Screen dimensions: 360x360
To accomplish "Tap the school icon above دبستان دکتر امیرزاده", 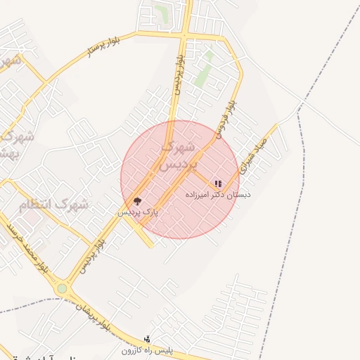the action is pos(218,184).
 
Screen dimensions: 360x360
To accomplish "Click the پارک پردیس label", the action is pos(138,211).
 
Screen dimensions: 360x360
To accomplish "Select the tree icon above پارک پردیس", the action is pos(137,201).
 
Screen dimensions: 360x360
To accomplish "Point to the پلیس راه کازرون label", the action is pos(146,349).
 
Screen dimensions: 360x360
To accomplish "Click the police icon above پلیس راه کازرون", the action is pos(147,339).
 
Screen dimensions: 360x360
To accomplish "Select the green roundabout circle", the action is pos(63,288).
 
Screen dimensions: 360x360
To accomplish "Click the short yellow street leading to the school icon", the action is pos(205,177).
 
